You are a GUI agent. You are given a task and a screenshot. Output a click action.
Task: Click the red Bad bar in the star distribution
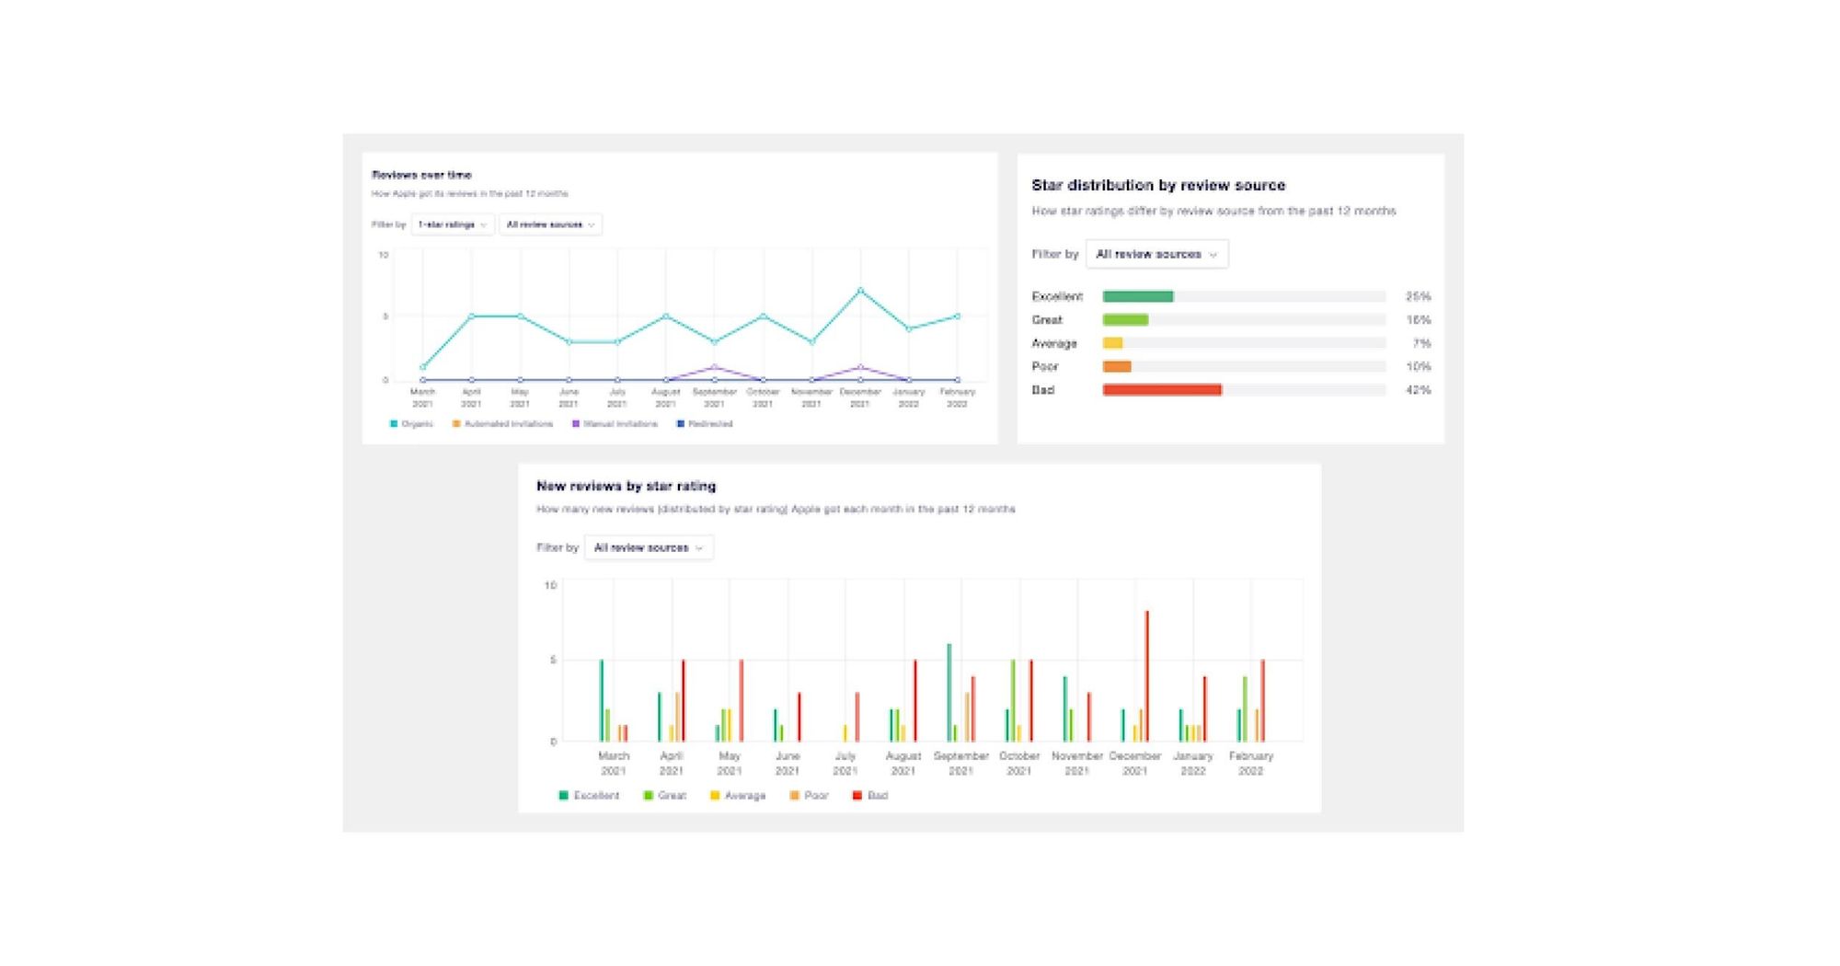[1161, 390]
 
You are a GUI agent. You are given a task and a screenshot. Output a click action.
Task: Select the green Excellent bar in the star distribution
[1137, 296]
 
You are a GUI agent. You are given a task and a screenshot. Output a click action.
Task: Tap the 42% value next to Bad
[1418, 390]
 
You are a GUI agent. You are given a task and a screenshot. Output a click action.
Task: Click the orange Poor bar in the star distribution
[1116, 366]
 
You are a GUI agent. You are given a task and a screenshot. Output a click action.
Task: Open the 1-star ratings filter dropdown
[452, 224]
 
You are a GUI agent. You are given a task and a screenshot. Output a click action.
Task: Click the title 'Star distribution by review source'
[1157, 185]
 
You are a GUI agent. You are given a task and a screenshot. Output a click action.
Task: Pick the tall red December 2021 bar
[1146, 676]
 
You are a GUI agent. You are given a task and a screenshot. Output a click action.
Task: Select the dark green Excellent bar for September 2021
[949, 692]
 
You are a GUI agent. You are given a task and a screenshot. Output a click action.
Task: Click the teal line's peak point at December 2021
[860, 291]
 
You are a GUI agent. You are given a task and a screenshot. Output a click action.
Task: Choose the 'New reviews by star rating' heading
[626, 486]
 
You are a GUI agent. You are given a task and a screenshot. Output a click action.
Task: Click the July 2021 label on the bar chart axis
[845, 763]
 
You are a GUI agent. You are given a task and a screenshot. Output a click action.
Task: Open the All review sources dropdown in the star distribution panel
[1156, 254]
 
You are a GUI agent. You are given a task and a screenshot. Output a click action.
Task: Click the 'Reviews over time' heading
[421, 175]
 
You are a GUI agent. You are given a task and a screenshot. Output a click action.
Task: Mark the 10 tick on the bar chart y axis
[550, 585]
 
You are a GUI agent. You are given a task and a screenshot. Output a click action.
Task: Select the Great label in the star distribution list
[1046, 320]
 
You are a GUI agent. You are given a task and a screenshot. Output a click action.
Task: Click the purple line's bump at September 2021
[715, 367]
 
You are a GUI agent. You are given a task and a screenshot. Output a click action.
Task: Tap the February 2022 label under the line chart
[957, 397]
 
